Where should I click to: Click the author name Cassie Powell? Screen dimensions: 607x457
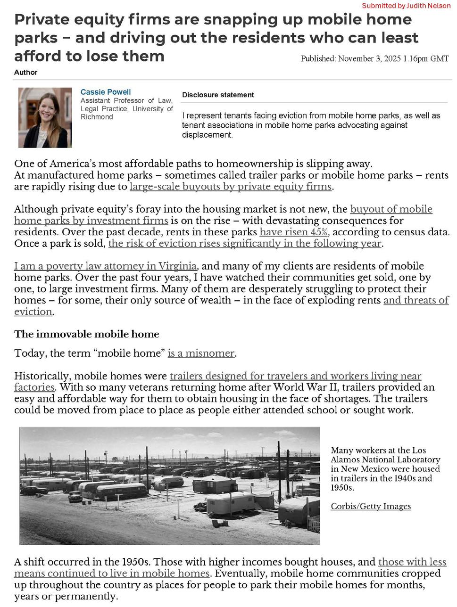106,92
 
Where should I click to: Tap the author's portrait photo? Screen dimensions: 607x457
45,117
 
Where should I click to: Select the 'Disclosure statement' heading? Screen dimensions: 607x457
218,95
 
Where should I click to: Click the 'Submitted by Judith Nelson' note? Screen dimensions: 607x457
406,6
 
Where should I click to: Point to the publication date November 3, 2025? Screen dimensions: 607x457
374,59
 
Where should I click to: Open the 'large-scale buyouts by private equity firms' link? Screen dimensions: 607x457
230,187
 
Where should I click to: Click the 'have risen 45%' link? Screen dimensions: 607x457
293,232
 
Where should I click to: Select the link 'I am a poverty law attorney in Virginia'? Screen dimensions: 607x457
105,266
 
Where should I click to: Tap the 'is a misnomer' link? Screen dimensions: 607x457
201,353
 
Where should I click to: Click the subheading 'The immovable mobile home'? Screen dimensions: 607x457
87,334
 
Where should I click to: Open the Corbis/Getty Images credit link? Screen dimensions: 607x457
371,506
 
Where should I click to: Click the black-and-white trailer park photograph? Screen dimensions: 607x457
169,485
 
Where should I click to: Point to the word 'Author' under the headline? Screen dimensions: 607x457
25,72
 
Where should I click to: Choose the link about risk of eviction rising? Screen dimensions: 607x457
245,244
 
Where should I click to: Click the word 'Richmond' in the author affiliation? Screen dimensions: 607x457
97,117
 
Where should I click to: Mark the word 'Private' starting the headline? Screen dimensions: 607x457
42,19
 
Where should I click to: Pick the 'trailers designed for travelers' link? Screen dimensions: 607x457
295,376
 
